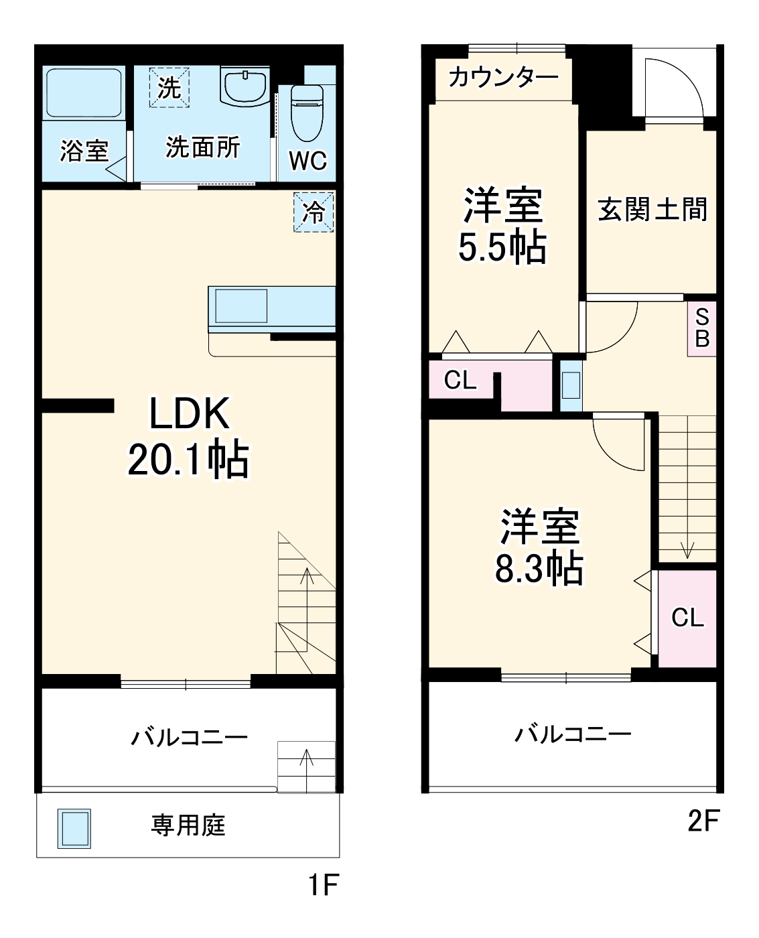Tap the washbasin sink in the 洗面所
244,87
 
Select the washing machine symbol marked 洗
169,86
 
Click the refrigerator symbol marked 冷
314,212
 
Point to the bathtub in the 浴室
84,93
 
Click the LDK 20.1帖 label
188,435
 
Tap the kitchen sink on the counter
240,307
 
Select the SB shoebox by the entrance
701,328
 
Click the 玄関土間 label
652,210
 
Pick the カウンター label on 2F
503,78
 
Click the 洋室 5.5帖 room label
502,226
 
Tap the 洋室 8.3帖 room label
539,547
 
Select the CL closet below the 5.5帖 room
460,381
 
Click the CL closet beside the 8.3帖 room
687,617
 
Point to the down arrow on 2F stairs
687,549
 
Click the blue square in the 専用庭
74,828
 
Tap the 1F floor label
323,885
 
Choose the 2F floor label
703,821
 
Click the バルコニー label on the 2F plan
573,734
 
